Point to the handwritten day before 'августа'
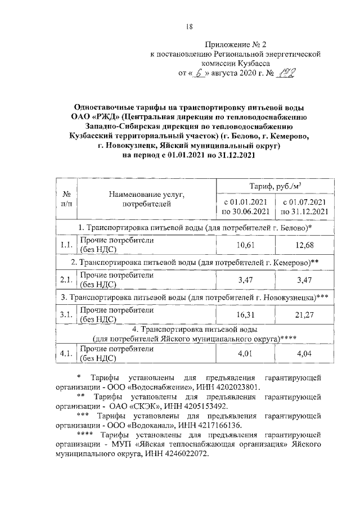pos(199,73)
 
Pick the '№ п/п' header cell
pos(66,199)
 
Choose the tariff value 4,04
pos(305,354)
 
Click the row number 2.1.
pos(66,280)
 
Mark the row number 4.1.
pos(66,354)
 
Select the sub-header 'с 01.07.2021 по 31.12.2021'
pos(305,206)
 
